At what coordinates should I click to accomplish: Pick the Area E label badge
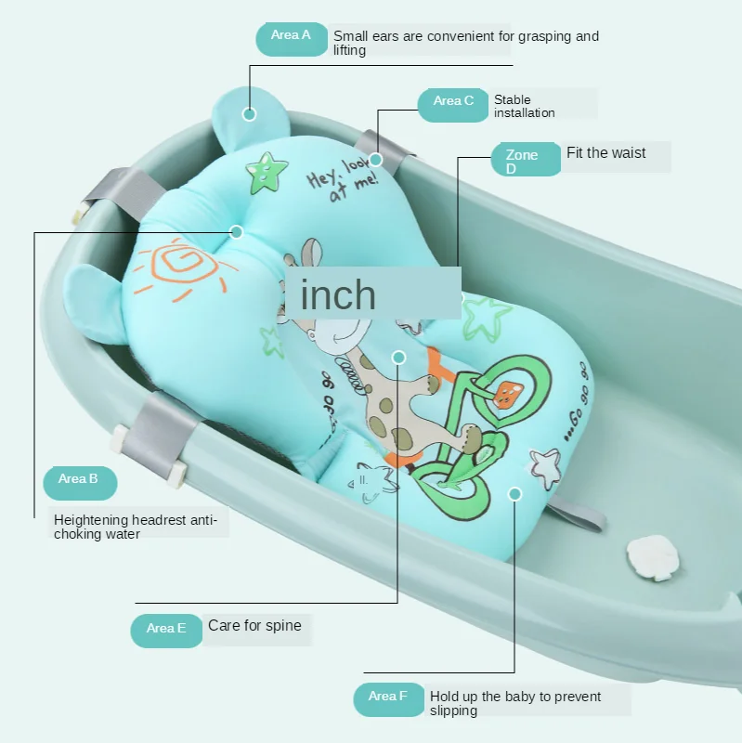point(166,629)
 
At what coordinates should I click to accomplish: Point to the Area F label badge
point(389,697)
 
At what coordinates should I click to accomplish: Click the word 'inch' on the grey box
point(339,295)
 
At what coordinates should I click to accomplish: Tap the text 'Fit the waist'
point(606,153)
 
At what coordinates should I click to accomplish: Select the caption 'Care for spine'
point(254,626)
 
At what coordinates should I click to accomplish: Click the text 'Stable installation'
point(525,106)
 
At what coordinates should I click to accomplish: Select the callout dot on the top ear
point(249,114)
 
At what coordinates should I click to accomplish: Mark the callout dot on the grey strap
point(375,160)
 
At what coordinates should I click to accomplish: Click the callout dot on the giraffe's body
point(399,358)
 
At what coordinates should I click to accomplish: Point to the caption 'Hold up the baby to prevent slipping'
point(515,703)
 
